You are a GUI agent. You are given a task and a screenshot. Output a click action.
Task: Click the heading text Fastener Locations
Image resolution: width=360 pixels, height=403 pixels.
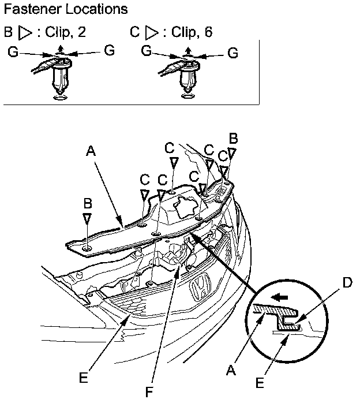[x=65, y=10]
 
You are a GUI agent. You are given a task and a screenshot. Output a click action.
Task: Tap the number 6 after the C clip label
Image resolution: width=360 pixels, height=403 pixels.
[x=208, y=32]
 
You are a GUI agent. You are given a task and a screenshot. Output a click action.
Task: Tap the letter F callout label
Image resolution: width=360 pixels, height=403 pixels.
[x=149, y=393]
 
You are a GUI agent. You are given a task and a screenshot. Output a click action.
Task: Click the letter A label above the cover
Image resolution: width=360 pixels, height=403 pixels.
[x=91, y=151]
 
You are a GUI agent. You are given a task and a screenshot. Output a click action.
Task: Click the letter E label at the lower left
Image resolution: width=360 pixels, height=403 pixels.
[x=84, y=378]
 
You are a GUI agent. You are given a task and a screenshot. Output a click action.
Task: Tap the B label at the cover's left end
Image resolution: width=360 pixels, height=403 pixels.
[x=87, y=204]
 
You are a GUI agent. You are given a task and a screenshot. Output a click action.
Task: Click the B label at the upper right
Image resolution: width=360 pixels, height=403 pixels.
[x=234, y=139]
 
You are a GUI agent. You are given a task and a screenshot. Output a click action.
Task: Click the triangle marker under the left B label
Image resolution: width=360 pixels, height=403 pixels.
[x=87, y=219]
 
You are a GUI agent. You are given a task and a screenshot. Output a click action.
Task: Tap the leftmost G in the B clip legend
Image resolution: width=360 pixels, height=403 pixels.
[x=13, y=53]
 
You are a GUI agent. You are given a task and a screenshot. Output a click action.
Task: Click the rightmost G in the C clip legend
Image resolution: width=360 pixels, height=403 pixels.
[x=233, y=53]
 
